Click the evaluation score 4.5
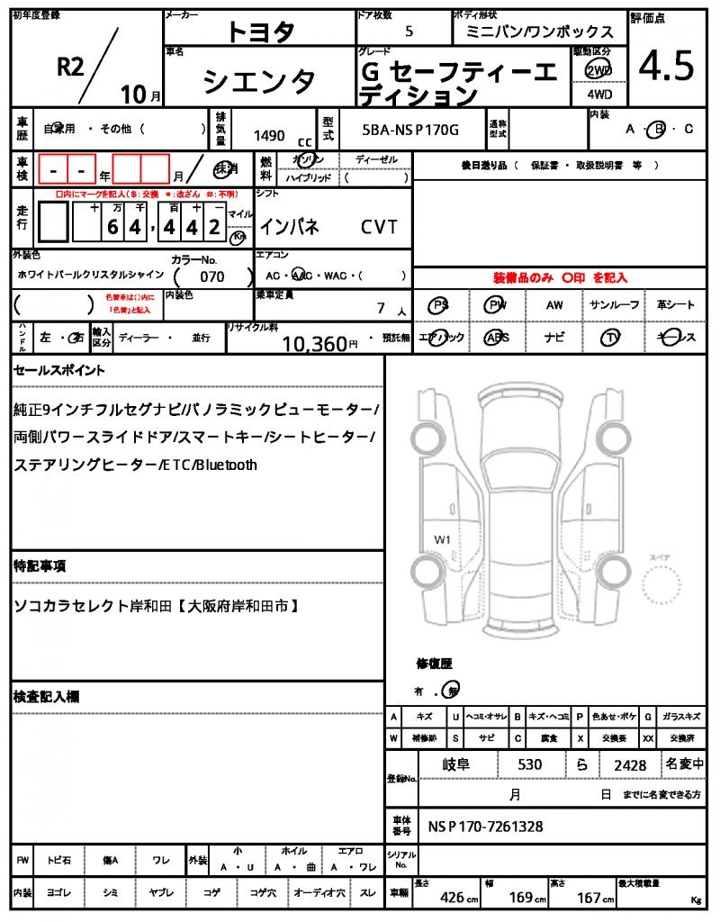(667, 66)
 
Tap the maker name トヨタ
(261, 32)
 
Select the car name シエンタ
(260, 82)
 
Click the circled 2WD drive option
(596, 69)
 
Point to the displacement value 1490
(269, 136)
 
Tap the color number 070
(212, 277)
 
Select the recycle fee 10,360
(314, 343)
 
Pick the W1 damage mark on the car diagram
(442, 539)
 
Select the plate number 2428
(630, 765)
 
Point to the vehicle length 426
(452, 898)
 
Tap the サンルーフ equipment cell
(615, 305)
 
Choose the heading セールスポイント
(59, 370)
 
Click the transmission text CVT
(379, 228)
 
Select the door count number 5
(409, 32)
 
